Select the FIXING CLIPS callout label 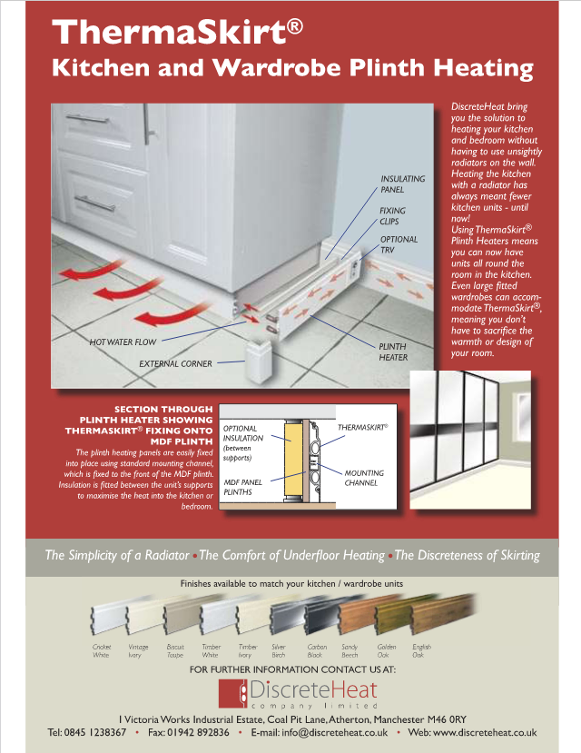pyautogui.click(x=392, y=215)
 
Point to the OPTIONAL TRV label pyautogui.click(x=399, y=244)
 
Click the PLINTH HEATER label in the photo pyautogui.click(x=392, y=352)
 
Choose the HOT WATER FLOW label pyautogui.click(x=123, y=342)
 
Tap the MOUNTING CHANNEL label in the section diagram pyautogui.click(x=364, y=478)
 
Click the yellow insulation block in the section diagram pyautogui.click(x=291, y=461)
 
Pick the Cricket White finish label pyautogui.click(x=102, y=650)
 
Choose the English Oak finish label pyautogui.click(x=421, y=650)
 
